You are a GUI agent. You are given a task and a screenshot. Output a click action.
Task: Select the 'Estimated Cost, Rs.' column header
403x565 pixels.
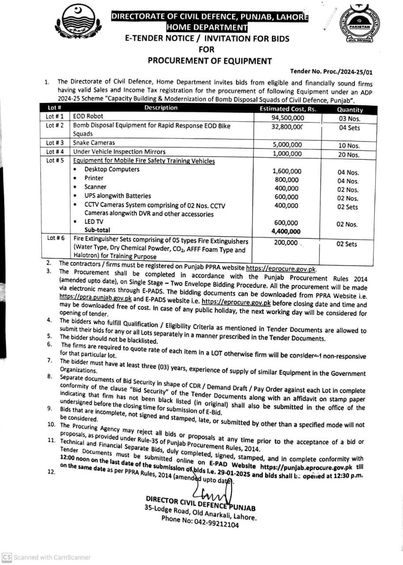pos(288,109)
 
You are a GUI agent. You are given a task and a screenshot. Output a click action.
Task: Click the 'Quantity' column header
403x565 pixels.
pos(350,110)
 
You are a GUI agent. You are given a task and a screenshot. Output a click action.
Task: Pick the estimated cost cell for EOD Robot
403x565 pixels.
pos(288,118)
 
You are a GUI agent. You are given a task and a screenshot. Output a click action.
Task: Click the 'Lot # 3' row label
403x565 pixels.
pos(55,143)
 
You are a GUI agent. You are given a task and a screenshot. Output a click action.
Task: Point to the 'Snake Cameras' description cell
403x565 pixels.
pos(94,143)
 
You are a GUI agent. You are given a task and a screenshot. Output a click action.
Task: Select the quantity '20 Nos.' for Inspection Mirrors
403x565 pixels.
pos(348,154)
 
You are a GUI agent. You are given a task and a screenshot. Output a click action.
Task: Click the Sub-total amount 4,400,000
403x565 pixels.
pos(286,231)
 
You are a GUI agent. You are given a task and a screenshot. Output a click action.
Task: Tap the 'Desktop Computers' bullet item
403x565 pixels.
pos(112,169)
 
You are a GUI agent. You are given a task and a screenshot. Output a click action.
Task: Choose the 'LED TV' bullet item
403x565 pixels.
pos(94,222)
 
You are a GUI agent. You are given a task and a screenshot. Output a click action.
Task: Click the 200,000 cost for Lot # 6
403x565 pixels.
pos(286,242)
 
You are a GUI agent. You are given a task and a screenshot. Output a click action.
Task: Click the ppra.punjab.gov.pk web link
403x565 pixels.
pos(95,298)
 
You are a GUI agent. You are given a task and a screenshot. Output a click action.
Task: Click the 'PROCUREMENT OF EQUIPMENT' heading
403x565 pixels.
pos(210,61)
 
